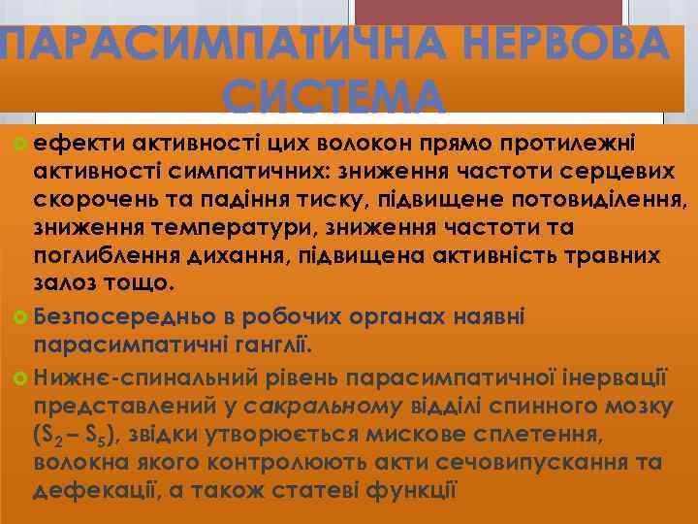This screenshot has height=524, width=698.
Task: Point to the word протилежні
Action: (570, 145)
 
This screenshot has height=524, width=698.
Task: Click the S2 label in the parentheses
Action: (51, 432)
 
